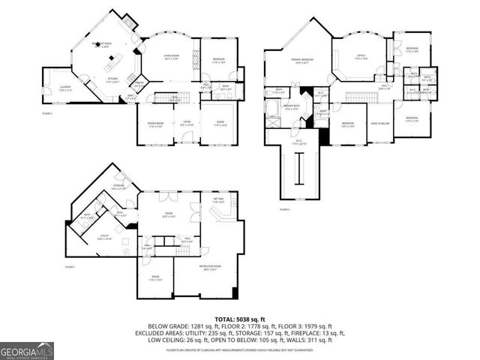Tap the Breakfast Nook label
pos(112,45)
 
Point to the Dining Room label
pos(155,125)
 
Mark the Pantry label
pos(139,83)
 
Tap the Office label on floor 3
pos(360,56)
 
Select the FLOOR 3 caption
pos(284,209)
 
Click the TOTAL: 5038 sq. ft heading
pos(240,317)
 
